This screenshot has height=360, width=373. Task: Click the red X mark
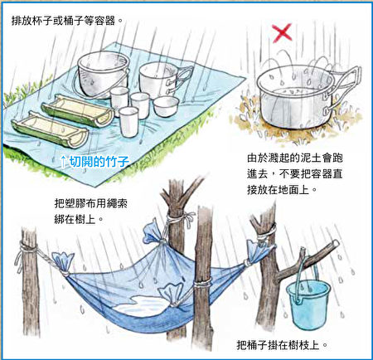click(x=282, y=33)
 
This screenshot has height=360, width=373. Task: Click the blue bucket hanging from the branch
click(x=308, y=304)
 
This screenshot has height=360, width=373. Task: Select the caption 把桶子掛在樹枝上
click(x=282, y=345)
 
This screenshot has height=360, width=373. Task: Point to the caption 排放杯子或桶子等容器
click(x=67, y=21)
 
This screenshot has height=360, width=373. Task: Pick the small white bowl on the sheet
click(x=166, y=106)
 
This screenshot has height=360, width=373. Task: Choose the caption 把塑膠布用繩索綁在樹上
click(x=91, y=212)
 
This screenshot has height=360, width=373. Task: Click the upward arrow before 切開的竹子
click(x=63, y=162)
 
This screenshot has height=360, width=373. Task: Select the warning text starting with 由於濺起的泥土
click(x=295, y=173)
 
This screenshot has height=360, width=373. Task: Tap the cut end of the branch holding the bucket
click(x=336, y=244)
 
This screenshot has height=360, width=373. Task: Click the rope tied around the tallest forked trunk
click(x=177, y=219)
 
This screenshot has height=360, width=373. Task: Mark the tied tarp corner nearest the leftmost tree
click(x=63, y=264)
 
